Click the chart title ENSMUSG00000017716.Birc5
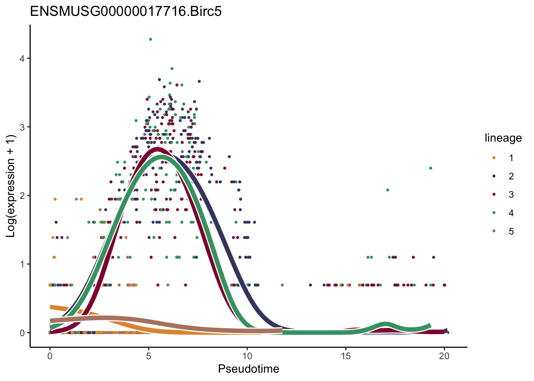[x=126, y=12]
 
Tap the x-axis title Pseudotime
[x=248, y=369]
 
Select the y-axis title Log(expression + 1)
[x=11, y=186]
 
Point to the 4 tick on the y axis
[x=22, y=58]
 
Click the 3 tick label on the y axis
[x=22, y=127]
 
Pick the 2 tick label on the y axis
[x=22, y=196]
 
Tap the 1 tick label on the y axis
[x=22, y=264]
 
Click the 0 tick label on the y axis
[x=22, y=333]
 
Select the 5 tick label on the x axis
[x=149, y=356]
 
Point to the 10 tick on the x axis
[x=247, y=356]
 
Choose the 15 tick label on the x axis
[x=346, y=356]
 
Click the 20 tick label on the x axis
[x=444, y=356]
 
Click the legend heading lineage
[x=503, y=138]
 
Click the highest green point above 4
[x=150, y=39]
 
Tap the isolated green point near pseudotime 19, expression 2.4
[x=430, y=168]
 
